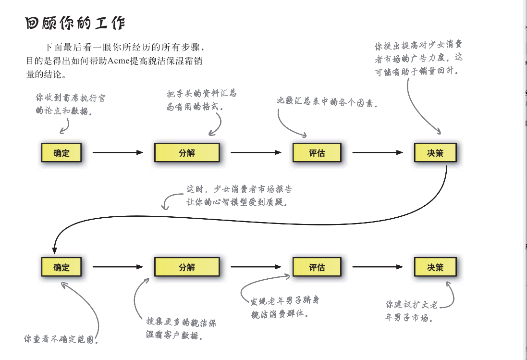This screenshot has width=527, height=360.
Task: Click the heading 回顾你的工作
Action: [x=75, y=24]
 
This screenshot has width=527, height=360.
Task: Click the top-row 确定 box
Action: [x=61, y=153]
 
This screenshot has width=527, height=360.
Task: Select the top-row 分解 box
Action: [x=187, y=153]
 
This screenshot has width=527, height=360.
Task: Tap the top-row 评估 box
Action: [x=317, y=153]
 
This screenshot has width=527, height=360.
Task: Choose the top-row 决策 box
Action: [x=435, y=153]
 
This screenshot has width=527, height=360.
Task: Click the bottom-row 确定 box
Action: [x=61, y=267]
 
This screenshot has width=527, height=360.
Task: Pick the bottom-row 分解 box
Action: [x=187, y=267]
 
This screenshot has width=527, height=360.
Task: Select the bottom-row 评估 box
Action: [x=317, y=267]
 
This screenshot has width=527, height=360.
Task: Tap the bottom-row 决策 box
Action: [x=435, y=267]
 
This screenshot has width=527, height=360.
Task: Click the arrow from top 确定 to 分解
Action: [x=118, y=153]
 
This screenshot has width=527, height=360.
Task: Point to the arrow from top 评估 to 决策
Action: [x=378, y=153]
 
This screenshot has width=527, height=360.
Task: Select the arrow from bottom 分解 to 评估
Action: [x=256, y=267]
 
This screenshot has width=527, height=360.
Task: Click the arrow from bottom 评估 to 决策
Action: [x=378, y=267]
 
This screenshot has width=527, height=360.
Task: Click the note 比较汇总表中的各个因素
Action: [x=327, y=102]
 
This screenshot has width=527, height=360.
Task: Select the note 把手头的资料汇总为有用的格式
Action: [x=202, y=100]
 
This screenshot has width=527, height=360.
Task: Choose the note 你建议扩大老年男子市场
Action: [x=411, y=311]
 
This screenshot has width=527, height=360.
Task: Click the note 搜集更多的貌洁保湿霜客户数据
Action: [x=182, y=329]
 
